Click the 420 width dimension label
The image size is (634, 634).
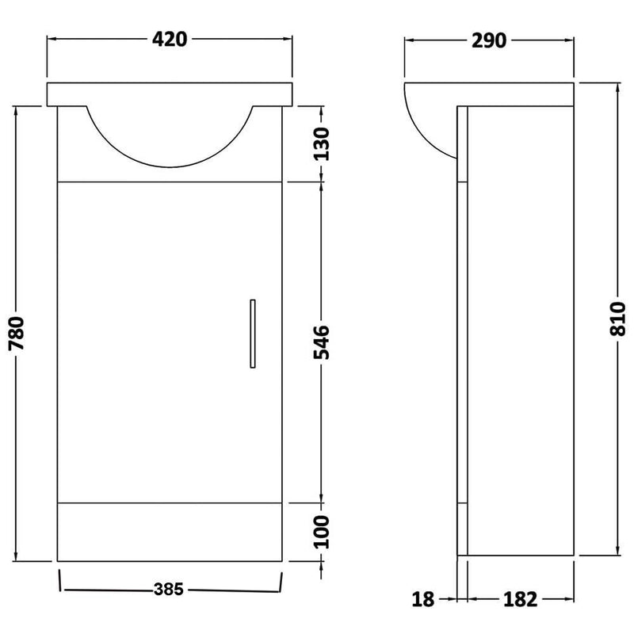[x=170, y=39]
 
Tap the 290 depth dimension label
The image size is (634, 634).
[x=488, y=41]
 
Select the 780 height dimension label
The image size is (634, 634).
[x=17, y=333]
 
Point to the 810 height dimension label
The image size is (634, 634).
[x=617, y=319]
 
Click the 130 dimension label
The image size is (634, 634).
[x=323, y=143]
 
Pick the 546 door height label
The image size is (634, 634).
[x=323, y=342]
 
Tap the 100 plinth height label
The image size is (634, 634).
[x=323, y=532]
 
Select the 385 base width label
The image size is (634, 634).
[x=169, y=589]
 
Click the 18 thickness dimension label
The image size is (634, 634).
[x=423, y=599]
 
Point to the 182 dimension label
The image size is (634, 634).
[x=521, y=599]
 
